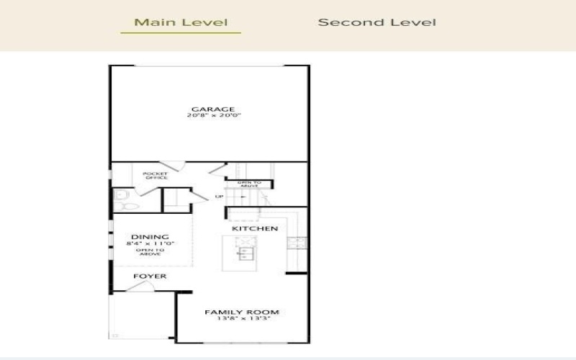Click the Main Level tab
pos(181,22)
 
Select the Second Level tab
pos(377,22)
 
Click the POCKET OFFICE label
pos(155,176)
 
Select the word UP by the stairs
pos(219,196)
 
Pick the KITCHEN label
pos(254,228)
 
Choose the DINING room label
pos(150,237)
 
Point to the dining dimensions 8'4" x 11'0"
pos(150,243)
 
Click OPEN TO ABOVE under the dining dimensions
pos(150,252)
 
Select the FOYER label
pos(150,276)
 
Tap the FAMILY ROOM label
pos(241,312)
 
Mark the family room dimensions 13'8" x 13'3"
pos(241,318)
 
